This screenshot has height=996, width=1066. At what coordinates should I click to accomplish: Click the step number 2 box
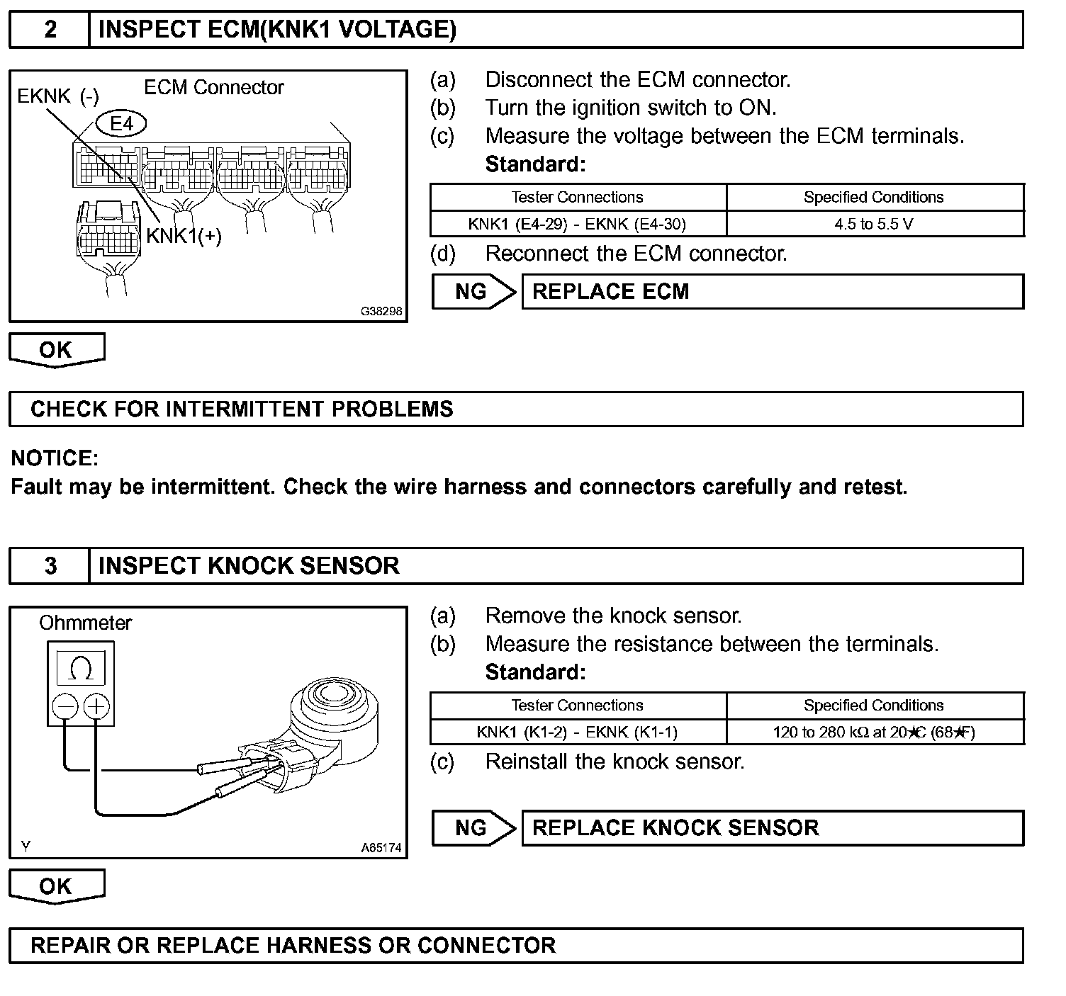[50, 30]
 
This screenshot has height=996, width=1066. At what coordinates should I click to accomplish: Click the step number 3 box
[50, 566]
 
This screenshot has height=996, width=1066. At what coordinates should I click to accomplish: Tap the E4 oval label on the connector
[122, 124]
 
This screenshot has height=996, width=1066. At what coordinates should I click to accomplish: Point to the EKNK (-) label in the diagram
[58, 96]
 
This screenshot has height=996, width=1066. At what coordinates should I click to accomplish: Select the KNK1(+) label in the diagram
[184, 236]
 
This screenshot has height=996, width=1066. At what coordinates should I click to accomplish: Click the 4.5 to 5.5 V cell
[874, 224]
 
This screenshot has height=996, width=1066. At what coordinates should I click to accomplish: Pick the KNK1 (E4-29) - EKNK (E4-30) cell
[577, 224]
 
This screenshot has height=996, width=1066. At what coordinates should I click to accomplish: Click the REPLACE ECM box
[772, 292]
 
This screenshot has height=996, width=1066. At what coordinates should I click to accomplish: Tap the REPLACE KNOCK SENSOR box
[772, 828]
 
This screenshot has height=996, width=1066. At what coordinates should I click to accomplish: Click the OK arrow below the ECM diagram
[56, 350]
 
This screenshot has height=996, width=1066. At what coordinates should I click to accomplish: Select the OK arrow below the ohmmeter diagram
[56, 886]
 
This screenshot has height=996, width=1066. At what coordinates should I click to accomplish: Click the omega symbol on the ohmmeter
[82, 668]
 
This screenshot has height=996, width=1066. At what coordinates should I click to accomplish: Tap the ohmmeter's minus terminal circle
[65, 706]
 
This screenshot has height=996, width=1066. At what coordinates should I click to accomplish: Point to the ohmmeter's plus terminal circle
[96, 706]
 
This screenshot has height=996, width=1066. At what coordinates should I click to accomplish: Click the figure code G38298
[381, 311]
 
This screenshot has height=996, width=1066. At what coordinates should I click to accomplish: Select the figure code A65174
[381, 847]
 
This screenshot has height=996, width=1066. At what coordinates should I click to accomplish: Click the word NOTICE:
[55, 458]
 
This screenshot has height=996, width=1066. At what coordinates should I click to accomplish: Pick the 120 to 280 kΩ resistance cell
[874, 732]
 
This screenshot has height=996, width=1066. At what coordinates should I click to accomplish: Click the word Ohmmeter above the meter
[85, 623]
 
